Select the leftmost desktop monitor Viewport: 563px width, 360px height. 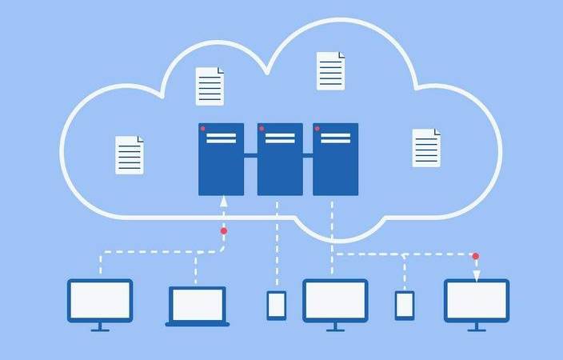click(x=100, y=301)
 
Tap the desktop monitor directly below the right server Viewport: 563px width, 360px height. click(x=335, y=301)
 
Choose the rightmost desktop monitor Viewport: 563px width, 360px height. click(x=477, y=301)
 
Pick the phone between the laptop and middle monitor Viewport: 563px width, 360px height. click(x=277, y=306)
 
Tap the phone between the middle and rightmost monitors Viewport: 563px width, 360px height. click(x=405, y=306)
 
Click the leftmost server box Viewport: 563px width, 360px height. click(x=222, y=158)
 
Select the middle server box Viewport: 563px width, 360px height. click(x=280, y=158)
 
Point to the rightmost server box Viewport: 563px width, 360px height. click(x=335, y=158)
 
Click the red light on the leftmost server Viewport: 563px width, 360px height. click(x=203, y=129)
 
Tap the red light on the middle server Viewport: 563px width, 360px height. click(x=261, y=129)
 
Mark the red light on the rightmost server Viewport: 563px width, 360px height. click(x=317, y=129)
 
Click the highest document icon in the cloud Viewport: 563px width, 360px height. click(x=330, y=70)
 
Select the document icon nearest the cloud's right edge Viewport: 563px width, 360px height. click(x=426, y=147)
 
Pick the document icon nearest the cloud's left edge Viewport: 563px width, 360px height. click(x=130, y=154)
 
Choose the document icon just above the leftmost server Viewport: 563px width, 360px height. click(x=210, y=86)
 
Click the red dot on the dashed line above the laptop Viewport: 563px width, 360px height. click(x=224, y=230)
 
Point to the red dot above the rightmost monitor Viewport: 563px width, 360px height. click(x=476, y=256)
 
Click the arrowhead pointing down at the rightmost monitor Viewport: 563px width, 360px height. click(x=476, y=275)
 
